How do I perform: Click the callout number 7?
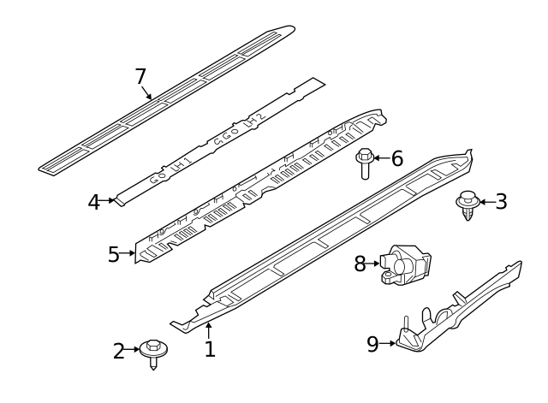(x=141, y=76)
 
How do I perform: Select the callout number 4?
(x=95, y=203)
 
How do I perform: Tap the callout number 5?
(x=115, y=254)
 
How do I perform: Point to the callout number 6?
(x=396, y=158)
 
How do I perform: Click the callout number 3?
(x=501, y=202)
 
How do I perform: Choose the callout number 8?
(x=360, y=264)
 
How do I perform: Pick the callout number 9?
(x=372, y=344)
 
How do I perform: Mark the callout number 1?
(x=209, y=348)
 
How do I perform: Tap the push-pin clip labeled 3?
(x=467, y=204)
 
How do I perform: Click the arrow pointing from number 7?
(x=150, y=92)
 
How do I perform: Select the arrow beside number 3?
(x=485, y=202)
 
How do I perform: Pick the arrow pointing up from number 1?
(x=208, y=331)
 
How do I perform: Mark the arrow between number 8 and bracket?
(x=375, y=264)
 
